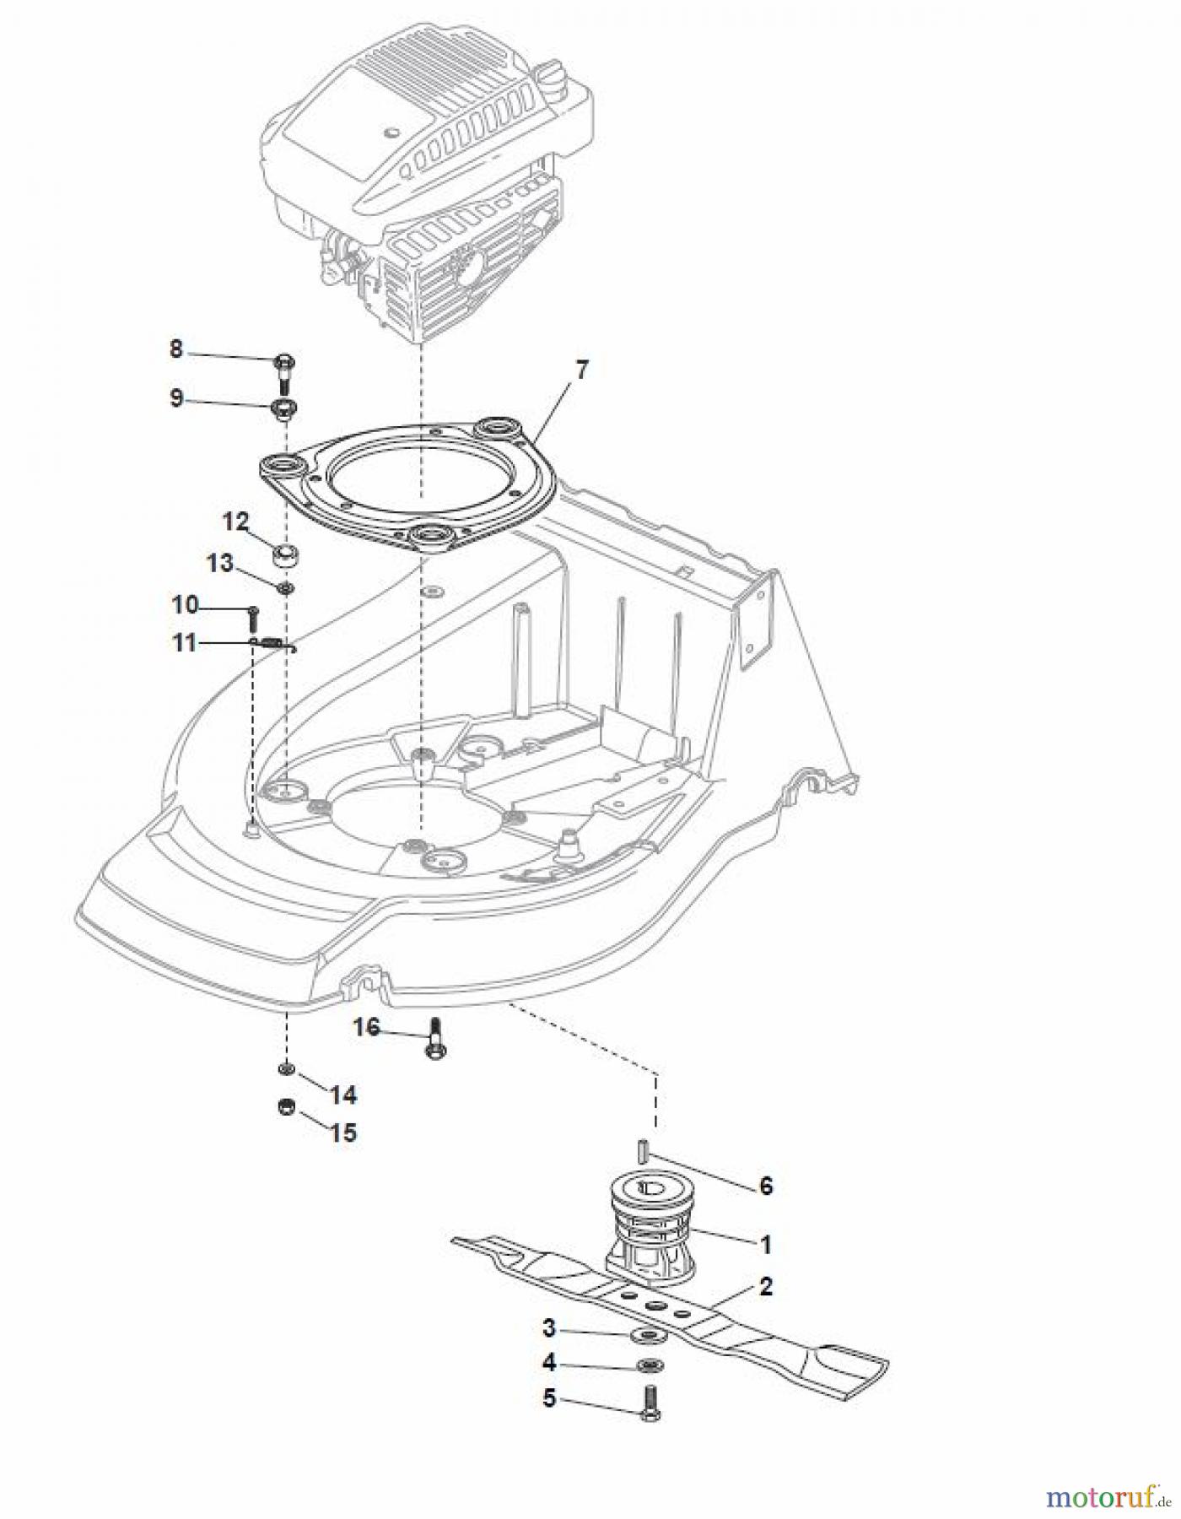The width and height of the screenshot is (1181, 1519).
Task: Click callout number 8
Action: [x=175, y=349]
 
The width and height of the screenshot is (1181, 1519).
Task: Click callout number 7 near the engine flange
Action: [x=582, y=370]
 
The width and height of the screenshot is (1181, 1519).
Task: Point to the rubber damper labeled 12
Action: [x=284, y=557]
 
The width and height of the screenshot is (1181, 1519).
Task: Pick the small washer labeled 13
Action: [x=285, y=587]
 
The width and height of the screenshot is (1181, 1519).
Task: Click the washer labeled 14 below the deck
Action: [x=286, y=1070]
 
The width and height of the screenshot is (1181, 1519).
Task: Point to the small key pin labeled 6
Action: [x=643, y=1151]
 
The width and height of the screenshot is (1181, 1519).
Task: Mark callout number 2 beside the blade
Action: [x=765, y=1287]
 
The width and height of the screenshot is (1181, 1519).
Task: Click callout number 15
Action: [x=342, y=1132]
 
